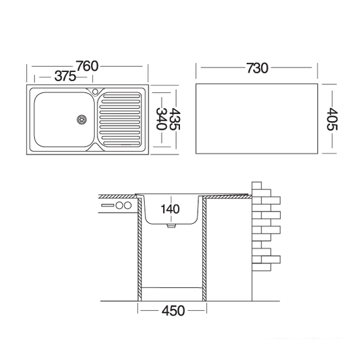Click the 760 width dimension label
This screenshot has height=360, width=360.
(x=87, y=66)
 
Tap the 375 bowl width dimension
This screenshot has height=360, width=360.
(x=65, y=76)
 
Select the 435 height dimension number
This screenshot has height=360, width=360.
(x=174, y=119)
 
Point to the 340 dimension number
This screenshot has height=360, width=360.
(x=161, y=118)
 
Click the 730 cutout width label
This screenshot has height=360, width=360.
(x=257, y=68)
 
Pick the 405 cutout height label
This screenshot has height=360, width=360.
(x=332, y=119)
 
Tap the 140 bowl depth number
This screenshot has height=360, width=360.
(x=170, y=209)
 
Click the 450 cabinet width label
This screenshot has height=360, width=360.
(x=173, y=311)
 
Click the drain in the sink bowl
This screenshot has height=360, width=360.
(x=82, y=119)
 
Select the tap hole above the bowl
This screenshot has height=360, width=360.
(x=95, y=92)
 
